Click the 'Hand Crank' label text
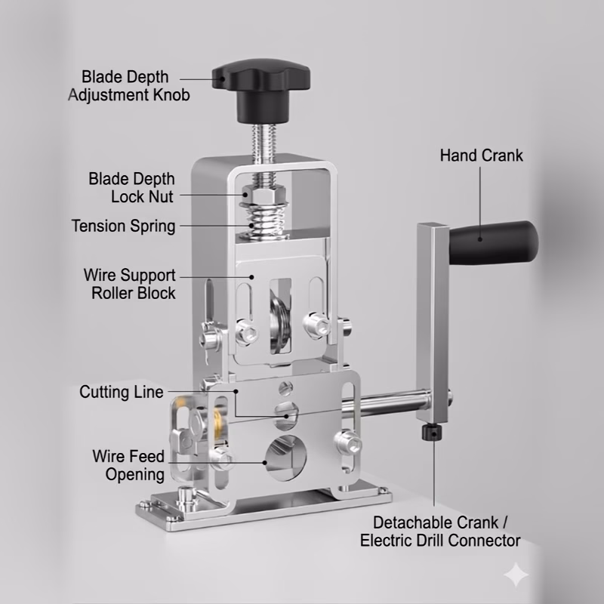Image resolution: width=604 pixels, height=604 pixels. (x=482, y=156)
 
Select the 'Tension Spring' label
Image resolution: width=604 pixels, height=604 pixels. (x=124, y=226)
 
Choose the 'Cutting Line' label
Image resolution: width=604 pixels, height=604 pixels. (x=122, y=393)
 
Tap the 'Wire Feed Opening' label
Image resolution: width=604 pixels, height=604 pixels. (x=128, y=465)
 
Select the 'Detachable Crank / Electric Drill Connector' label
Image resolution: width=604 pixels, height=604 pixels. (x=440, y=532)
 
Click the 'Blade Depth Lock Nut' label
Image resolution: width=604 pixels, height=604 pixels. (x=131, y=188)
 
